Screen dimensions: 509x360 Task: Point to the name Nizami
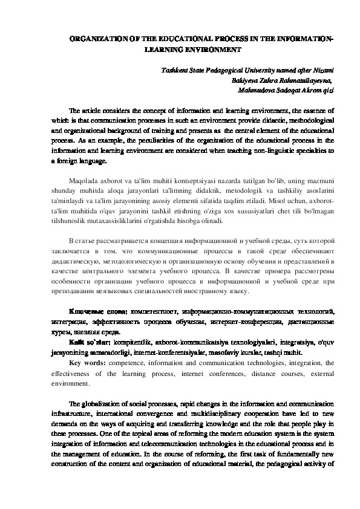click(322, 71)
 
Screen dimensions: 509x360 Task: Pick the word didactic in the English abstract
click(247, 121)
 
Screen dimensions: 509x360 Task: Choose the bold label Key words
click(88, 363)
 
